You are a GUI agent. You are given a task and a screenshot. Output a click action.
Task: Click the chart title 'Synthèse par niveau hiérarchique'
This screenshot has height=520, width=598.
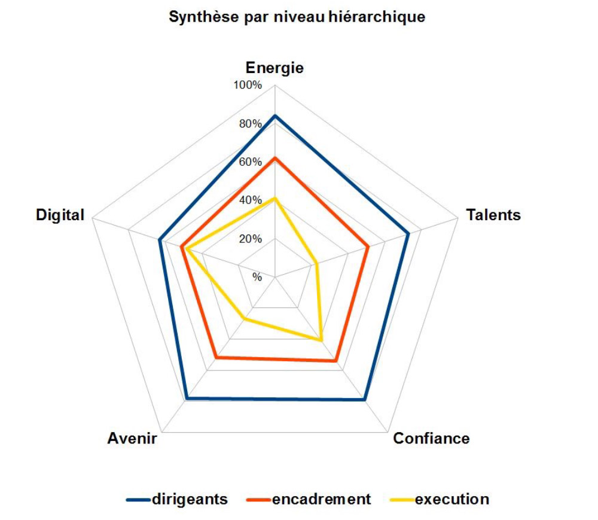(x=297, y=17)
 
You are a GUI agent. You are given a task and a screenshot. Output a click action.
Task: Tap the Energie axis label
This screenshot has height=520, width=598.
(x=274, y=68)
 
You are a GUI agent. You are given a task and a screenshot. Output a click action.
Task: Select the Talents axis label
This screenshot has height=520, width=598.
(x=493, y=215)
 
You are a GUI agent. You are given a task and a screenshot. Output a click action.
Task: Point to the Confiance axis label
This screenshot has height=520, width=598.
(x=431, y=439)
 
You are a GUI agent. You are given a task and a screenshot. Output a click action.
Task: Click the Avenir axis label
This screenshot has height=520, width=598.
(x=132, y=439)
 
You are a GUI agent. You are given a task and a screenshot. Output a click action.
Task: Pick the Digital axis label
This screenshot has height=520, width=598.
(x=60, y=215)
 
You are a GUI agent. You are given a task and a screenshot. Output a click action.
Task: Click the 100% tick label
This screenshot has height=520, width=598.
(x=248, y=86)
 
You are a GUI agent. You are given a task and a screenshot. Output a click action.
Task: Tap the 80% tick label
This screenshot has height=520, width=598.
(x=250, y=124)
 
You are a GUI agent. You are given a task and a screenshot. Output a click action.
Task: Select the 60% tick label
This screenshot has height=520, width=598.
(x=250, y=162)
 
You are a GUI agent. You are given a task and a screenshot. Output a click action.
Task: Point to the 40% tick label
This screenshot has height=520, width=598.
(x=250, y=200)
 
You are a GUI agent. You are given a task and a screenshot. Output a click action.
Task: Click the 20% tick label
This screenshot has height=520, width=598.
(x=250, y=239)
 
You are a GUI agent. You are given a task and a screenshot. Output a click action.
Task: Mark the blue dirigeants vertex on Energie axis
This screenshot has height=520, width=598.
(x=274, y=115)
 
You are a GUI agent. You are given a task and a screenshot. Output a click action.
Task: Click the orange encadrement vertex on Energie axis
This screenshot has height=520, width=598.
(x=274, y=158)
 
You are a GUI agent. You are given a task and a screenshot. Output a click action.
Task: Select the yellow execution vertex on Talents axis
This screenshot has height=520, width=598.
(x=316, y=263)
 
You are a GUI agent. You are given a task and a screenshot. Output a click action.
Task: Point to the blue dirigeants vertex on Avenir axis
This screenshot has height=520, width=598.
(x=187, y=398)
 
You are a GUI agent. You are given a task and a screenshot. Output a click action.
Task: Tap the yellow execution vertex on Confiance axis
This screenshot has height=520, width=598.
(x=322, y=340)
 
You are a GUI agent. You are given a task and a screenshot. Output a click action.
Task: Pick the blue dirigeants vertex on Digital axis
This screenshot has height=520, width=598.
(x=159, y=241)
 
